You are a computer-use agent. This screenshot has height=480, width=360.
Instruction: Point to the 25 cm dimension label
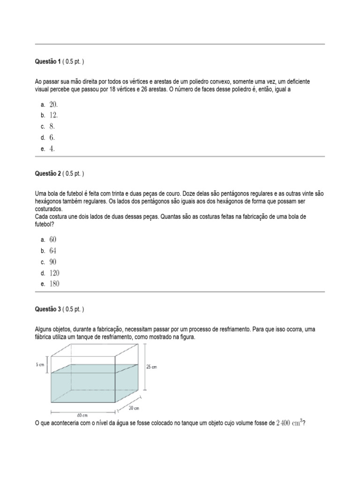click(x=152, y=367)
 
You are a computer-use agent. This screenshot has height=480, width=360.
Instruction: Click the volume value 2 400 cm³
click(x=289, y=423)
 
